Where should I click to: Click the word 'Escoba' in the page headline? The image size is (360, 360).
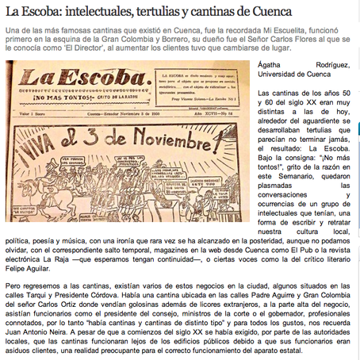(x=45, y=11)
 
